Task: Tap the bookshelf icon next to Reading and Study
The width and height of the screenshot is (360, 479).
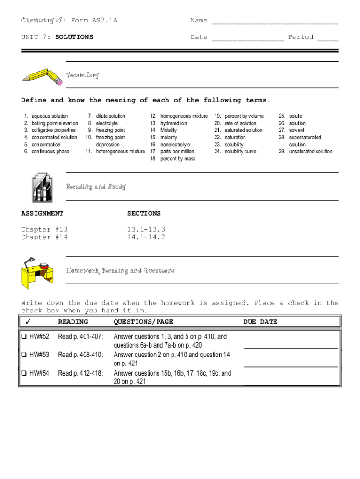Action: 42,187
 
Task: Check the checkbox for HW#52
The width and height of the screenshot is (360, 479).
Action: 23,336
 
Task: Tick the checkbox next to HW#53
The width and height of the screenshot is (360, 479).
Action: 23,355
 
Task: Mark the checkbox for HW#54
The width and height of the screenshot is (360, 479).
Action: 23,373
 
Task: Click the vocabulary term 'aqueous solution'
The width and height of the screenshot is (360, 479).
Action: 50,116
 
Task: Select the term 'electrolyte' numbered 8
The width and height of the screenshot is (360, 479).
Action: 107,123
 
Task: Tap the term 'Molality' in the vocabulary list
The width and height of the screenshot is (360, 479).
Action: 169,131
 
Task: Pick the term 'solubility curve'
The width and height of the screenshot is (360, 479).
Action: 240,152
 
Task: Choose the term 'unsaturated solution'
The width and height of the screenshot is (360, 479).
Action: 311,152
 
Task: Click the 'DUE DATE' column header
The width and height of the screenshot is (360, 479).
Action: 260,322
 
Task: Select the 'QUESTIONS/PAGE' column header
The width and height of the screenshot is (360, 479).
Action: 143,322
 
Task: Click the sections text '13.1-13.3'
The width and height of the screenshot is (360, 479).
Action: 146,229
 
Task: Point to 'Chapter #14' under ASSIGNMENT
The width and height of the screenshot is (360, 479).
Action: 44,237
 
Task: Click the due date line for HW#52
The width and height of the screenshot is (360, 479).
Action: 290,347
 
